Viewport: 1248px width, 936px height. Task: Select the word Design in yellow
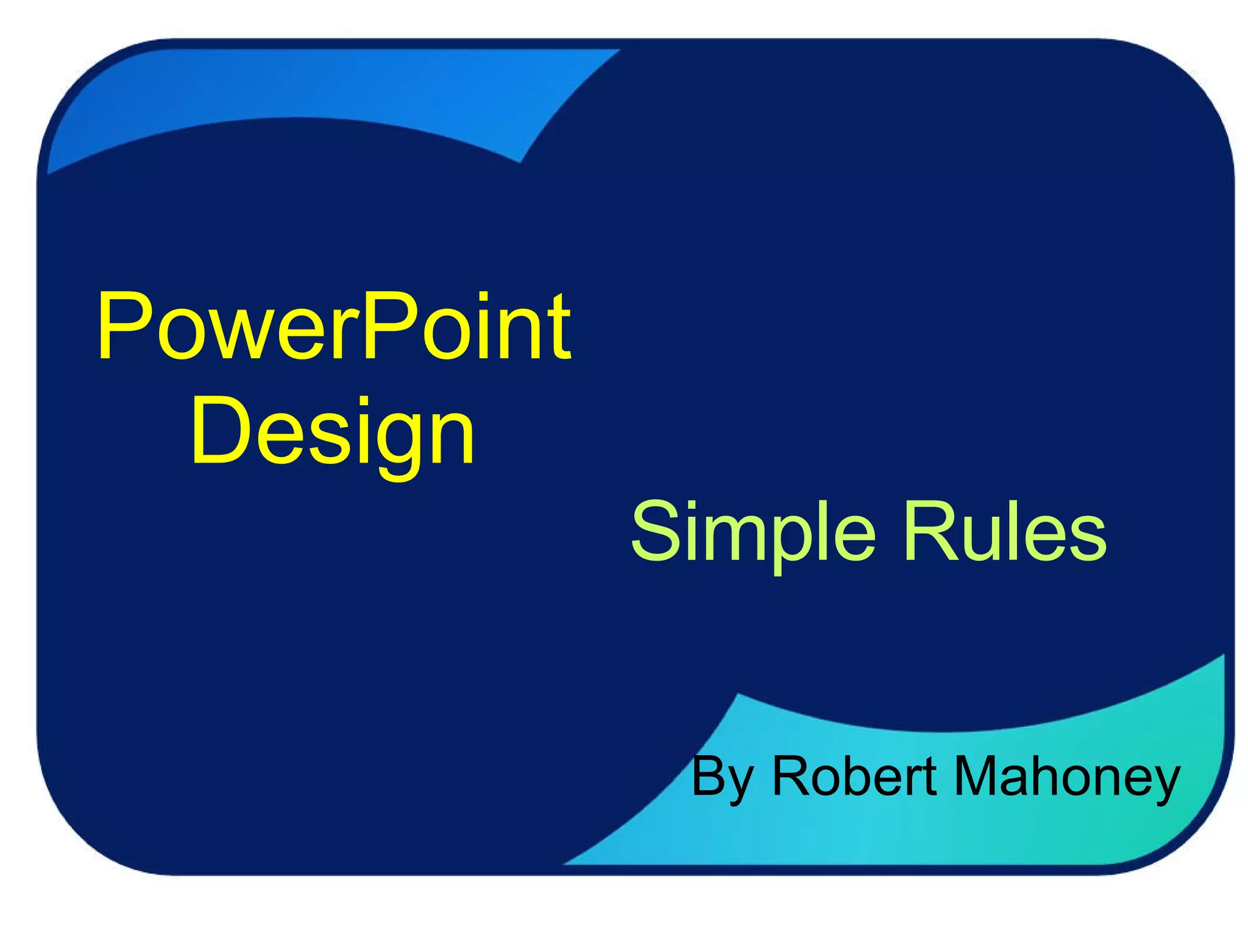point(333,431)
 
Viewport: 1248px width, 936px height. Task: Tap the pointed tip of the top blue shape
point(615,52)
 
